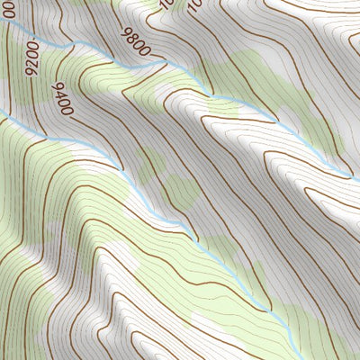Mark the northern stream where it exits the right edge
point(358,175)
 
